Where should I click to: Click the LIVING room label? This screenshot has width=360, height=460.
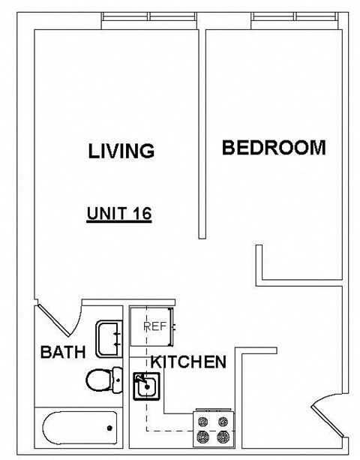[121, 150]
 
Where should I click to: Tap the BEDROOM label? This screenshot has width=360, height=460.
[274, 147]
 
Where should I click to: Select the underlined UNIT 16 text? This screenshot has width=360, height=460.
[119, 213]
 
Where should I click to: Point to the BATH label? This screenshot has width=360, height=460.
[63, 351]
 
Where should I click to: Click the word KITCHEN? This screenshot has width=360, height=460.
[188, 362]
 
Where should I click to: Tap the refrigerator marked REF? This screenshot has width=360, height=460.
[154, 326]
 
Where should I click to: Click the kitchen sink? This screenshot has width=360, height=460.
[147, 387]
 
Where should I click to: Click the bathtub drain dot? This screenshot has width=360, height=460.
[109, 428]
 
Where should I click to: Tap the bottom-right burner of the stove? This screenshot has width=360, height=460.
[223, 436]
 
